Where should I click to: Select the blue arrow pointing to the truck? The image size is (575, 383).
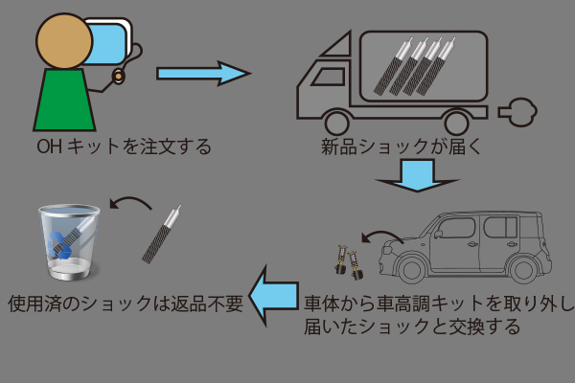(x=201, y=73)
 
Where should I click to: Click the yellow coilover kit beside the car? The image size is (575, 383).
(x=345, y=257)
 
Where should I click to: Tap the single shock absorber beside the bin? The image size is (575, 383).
(x=162, y=236)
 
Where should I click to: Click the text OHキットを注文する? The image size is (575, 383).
(x=122, y=148)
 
